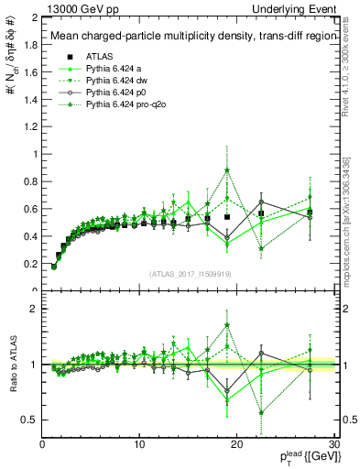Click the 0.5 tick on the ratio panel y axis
(x=30, y=420)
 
